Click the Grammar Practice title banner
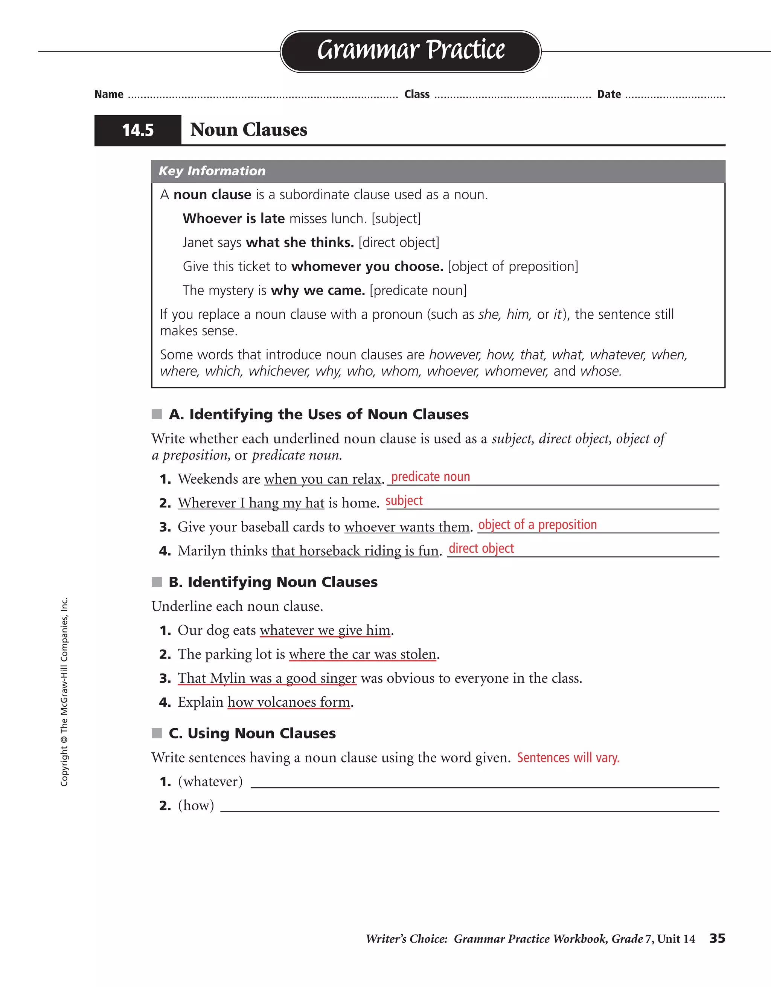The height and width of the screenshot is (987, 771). pos(411,50)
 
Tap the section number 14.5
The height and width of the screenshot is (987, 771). pos(138,131)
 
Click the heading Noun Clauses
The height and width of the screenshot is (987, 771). pos(248,130)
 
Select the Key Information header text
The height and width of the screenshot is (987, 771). pos(212,171)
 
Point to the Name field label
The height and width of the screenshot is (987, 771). pos(109,95)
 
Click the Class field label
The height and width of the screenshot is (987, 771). pos(416,95)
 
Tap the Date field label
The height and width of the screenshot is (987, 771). pos(608,95)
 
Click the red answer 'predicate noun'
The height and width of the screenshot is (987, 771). pos(430,477)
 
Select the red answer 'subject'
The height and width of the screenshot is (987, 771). pos(404,501)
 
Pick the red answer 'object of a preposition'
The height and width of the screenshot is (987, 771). pos(537,525)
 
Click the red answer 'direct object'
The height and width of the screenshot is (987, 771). pos(481,549)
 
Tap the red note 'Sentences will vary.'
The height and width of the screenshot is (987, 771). pos(568,758)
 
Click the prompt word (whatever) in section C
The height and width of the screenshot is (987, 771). pos(210,782)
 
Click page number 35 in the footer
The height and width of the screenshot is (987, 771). pos(717,939)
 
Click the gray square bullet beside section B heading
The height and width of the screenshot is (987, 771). pos(157,582)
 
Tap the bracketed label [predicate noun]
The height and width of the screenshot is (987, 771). pos(418,290)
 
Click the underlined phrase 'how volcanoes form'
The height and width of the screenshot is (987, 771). pos(289,702)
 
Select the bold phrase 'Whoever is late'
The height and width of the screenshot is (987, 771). pos(233,219)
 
